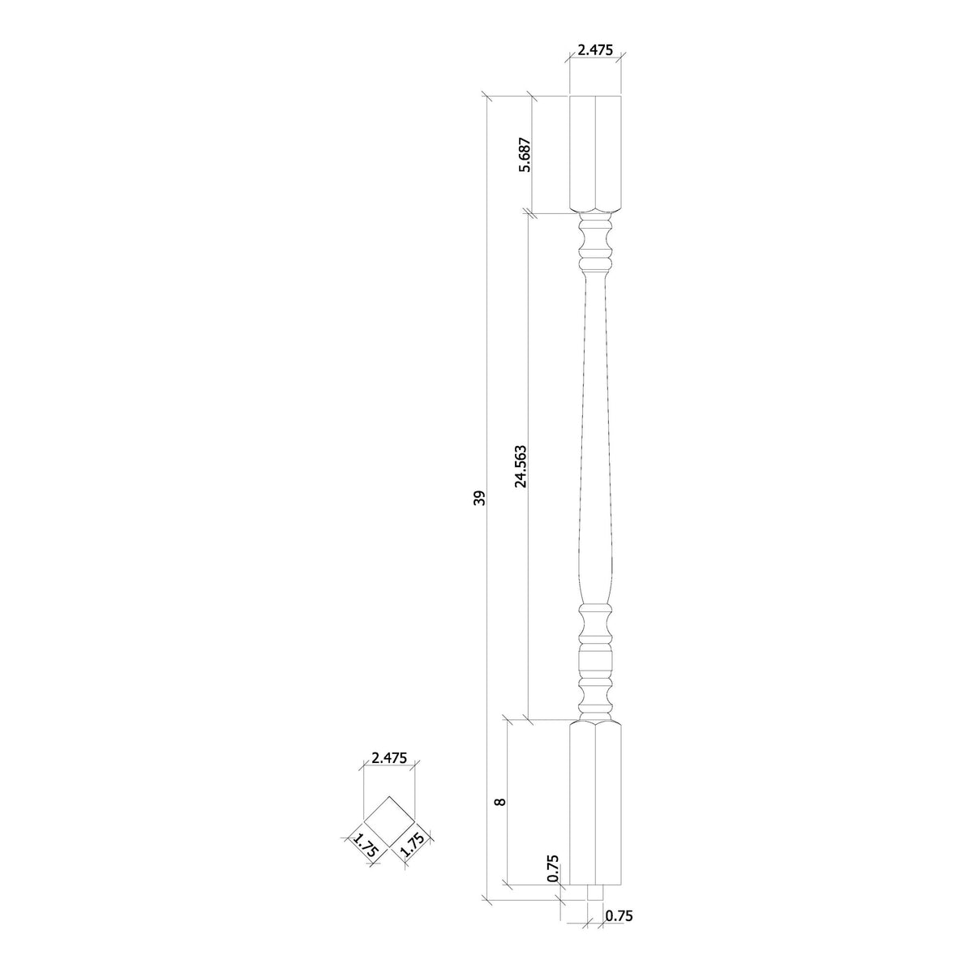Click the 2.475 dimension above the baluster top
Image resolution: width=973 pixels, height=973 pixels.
pyautogui.click(x=595, y=49)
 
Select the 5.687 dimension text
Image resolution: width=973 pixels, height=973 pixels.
pyautogui.click(x=525, y=155)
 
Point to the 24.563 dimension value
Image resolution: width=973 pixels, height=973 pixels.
pyautogui.click(x=521, y=465)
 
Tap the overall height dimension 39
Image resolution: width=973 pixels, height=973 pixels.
pyautogui.click(x=479, y=498)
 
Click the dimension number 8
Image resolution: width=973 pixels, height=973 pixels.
pyautogui.click(x=500, y=801)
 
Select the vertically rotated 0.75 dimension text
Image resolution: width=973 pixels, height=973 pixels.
pyautogui.click(x=553, y=868)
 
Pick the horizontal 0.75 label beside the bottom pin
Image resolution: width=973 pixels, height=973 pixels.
pyautogui.click(x=618, y=916)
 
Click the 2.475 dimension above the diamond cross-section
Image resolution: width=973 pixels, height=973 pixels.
pyautogui.click(x=388, y=758)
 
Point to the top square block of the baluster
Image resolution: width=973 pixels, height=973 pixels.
pyautogui.click(x=595, y=154)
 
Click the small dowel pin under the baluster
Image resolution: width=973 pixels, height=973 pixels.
pyautogui.click(x=595, y=892)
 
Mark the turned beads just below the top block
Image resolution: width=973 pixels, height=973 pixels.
pyautogui.click(x=595, y=243)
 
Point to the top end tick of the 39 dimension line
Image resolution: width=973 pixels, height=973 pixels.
pyautogui.click(x=487, y=97)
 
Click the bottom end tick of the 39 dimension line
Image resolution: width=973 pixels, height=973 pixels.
pyautogui.click(x=487, y=898)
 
